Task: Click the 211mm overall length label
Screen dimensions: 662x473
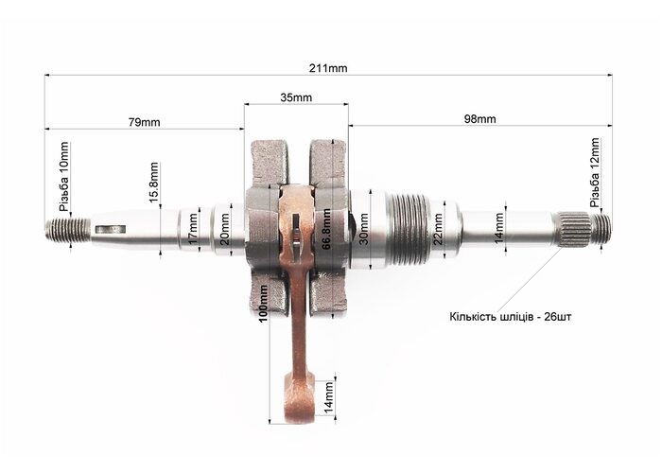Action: point(328,68)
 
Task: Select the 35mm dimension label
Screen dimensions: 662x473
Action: point(296,97)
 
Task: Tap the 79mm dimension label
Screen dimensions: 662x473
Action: point(145,122)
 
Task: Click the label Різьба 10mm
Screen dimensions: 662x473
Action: point(63,177)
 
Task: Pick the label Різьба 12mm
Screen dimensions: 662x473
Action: point(595,172)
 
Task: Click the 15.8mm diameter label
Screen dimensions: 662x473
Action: point(154,182)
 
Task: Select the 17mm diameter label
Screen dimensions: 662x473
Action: point(193,230)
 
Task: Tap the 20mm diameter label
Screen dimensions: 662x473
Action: point(225,229)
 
